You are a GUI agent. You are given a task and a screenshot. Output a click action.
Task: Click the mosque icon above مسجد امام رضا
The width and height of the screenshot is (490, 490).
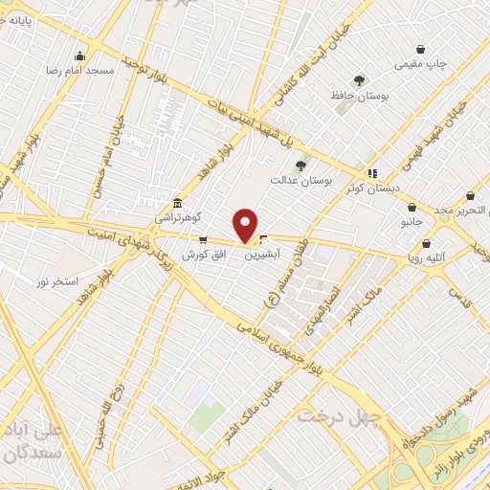point(79,56)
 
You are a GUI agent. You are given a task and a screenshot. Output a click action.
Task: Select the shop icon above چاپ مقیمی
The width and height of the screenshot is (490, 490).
point(420,50)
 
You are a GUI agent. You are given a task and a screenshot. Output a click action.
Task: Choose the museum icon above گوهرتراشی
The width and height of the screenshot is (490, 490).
point(177,204)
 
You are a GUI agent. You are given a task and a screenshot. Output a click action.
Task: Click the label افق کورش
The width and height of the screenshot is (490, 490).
point(202,255)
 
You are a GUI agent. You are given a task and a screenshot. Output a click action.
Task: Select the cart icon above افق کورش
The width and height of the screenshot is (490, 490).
point(202,240)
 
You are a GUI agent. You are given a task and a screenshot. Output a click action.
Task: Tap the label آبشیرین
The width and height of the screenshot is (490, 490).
point(262,256)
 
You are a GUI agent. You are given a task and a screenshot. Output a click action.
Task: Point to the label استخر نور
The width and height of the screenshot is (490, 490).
point(56,280)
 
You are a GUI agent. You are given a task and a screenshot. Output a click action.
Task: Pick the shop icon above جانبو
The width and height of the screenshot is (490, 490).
point(412,207)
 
